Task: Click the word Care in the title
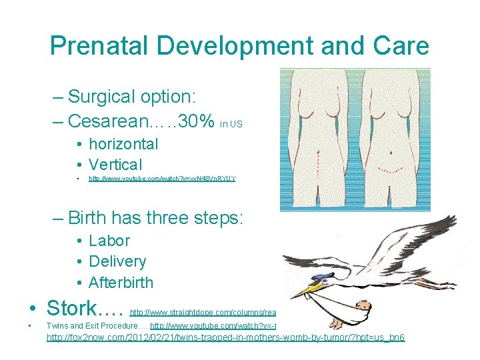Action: pyautogui.click(x=397, y=46)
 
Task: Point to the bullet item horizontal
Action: pyautogui.click(x=123, y=144)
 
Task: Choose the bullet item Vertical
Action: pyautogui.click(x=115, y=165)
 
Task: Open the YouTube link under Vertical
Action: pyautogui.click(x=162, y=179)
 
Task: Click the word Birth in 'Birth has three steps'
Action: pyautogui.click(x=89, y=217)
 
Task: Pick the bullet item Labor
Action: pyautogui.click(x=109, y=241)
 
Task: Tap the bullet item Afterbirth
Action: pyautogui.click(x=121, y=282)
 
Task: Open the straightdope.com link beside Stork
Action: pyautogui.click(x=203, y=311)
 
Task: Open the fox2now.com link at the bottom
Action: pyautogui.click(x=225, y=338)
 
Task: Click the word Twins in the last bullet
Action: pyautogui.click(x=57, y=326)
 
